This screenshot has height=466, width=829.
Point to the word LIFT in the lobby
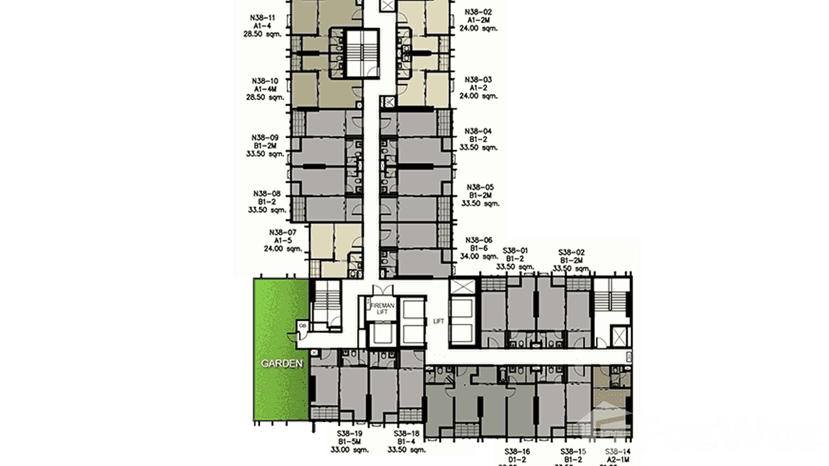click(x=439, y=321)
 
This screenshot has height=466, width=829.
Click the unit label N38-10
click(x=265, y=81)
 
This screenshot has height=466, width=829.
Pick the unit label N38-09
click(x=265, y=137)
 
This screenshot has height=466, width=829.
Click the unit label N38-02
click(x=479, y=11)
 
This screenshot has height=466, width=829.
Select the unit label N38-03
click(x=479, y=80)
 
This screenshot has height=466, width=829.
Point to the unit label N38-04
click(x=479, y=131)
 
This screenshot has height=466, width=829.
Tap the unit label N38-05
click(x=479, y=187)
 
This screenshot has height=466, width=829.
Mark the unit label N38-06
click(x=479, y=240)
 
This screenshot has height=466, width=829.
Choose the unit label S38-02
click(x=571, y=252)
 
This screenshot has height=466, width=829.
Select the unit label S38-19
click(x=350, y=434)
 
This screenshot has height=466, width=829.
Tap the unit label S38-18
click(x=407, y=434)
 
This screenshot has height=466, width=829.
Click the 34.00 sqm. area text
click(x=479, y=256)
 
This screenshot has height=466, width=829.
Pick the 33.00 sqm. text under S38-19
click(x=350, y=450)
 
